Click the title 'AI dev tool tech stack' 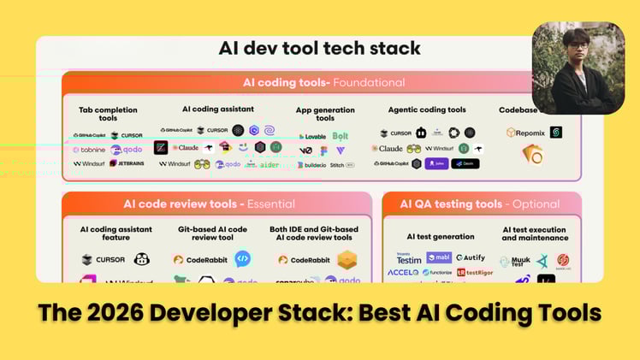point(319,48)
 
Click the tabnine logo point(89,150)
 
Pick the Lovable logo point(311,136)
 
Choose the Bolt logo point(341,136)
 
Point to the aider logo point(270,164)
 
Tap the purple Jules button point(436,163)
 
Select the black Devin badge point(465,163)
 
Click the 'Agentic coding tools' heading point(427,109)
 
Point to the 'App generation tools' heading point(325,115)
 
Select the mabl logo point(437,257)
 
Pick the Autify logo point(471,257)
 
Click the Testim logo point(409,257)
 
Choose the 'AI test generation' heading point(441,237)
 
